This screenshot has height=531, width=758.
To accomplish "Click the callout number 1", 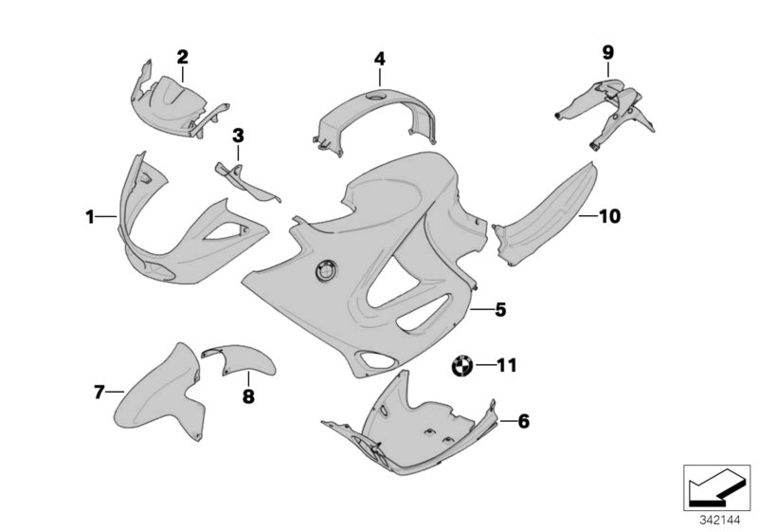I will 89,217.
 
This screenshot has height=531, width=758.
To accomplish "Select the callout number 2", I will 182,56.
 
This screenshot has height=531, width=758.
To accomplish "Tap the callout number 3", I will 238,136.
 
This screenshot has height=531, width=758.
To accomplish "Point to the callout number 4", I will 379,59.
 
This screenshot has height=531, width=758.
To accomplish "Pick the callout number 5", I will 500,308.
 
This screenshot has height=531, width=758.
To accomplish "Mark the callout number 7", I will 98,391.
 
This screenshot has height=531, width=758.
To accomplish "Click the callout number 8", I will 248,397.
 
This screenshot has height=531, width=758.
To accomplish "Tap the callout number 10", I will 608,216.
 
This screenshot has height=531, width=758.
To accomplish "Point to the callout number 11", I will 509,363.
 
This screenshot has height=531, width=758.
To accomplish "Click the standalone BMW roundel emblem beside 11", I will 461,365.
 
